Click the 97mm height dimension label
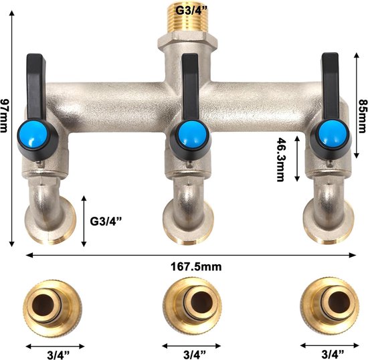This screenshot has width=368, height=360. tap(4, 116)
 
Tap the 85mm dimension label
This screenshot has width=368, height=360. tap(363, 116)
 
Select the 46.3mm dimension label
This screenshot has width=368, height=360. tap(280, 159)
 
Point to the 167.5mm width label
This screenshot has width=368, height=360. tap(196, 267)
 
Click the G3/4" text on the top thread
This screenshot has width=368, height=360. tap(192, 11)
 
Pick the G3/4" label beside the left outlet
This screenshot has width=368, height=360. tap(106, 221)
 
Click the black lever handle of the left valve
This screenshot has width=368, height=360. tap(35, 87)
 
